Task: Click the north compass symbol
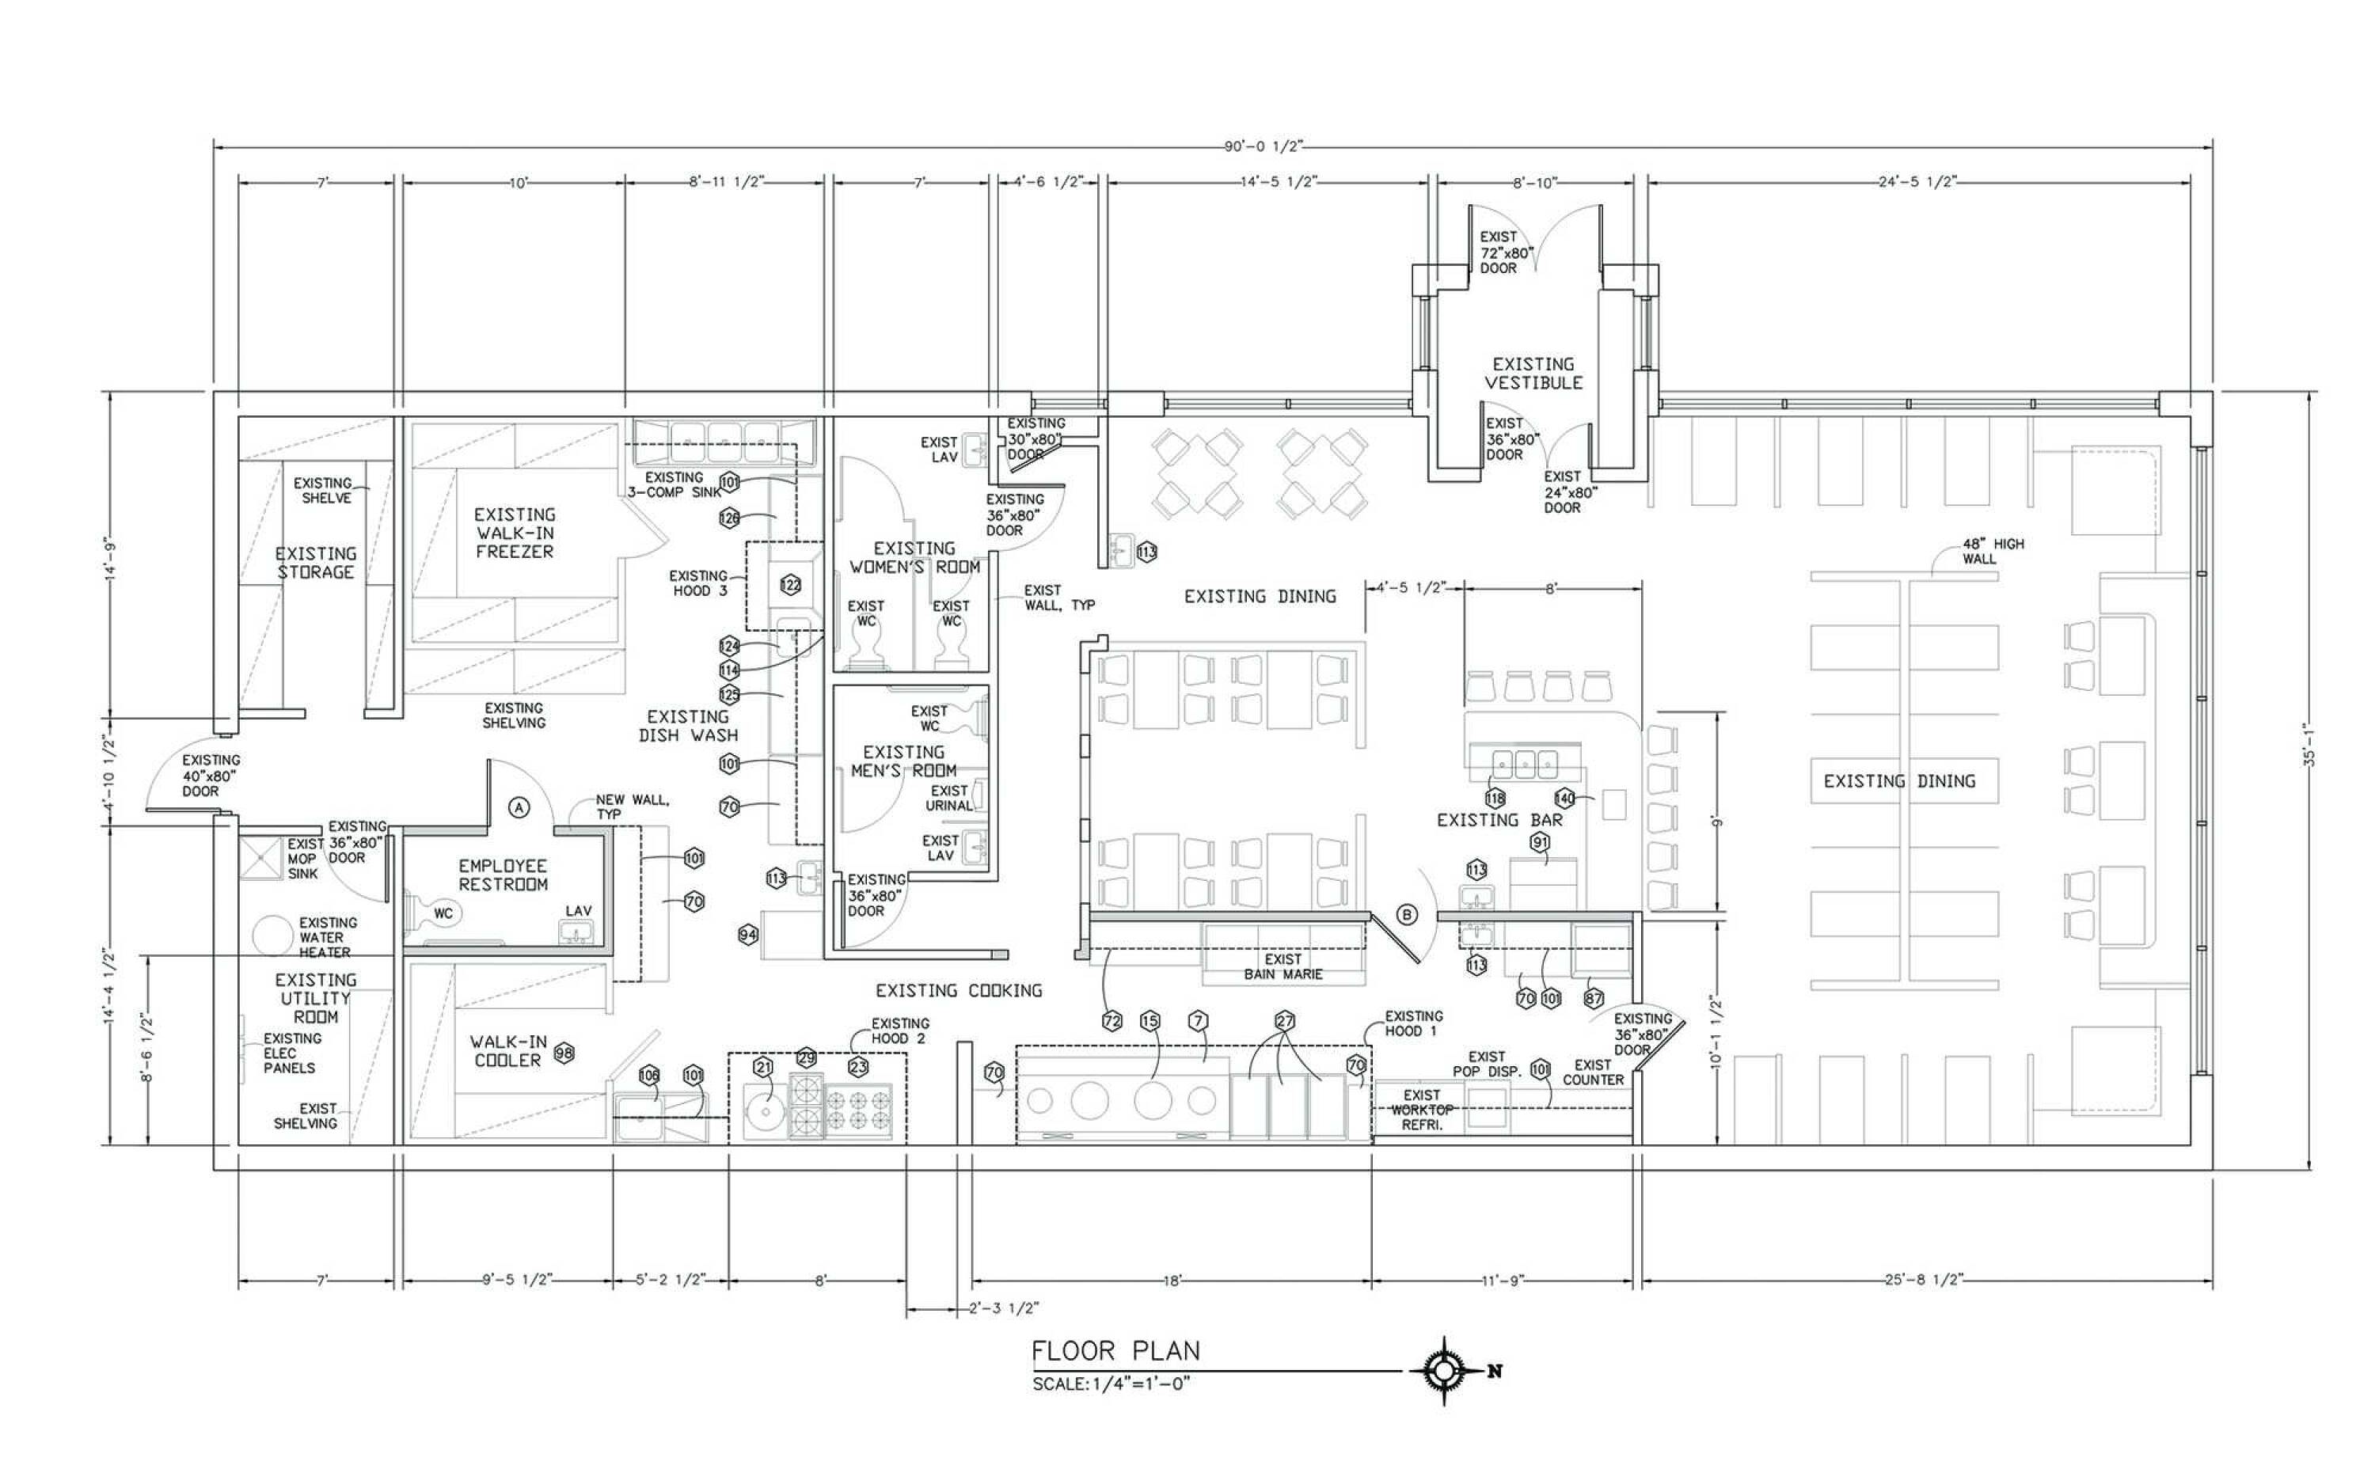pos(1444,1371)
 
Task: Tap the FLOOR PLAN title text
pos(1116,1352)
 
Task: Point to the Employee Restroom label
pos(503,875)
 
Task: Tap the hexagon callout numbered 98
pos(564,1053)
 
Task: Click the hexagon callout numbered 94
pos(748,935)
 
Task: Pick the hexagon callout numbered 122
pos(790,585)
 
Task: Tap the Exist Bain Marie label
pos(1282,966)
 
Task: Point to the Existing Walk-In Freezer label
pos(515,533)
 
